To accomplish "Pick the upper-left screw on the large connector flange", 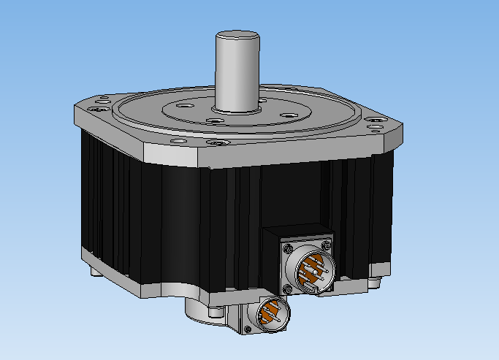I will [285, 248].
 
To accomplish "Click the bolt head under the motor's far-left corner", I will [93, 272].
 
